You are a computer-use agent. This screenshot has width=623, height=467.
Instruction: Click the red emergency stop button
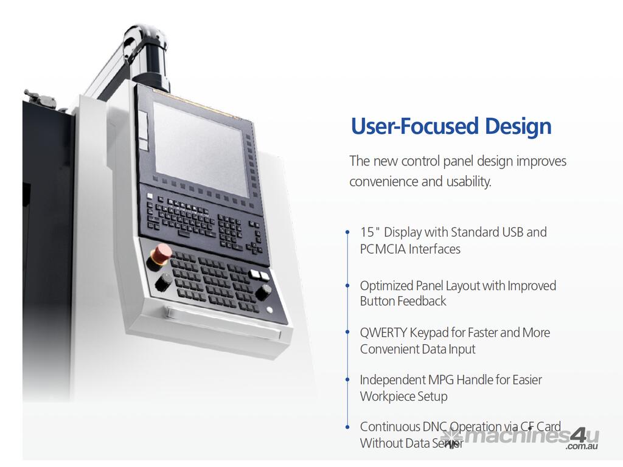tap(162, 252)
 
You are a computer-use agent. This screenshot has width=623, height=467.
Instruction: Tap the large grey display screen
tap(201, 149)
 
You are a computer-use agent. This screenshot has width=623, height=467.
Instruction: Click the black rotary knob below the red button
tap(163, 282)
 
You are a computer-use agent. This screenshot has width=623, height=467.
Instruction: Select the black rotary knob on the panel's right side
tap(263, 292)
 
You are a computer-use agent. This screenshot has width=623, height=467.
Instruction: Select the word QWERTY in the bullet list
tap(383, 333)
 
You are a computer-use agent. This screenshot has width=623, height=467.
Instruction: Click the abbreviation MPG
tap(439, 379)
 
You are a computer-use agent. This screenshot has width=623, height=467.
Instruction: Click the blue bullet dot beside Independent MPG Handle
tap(347, 379)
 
